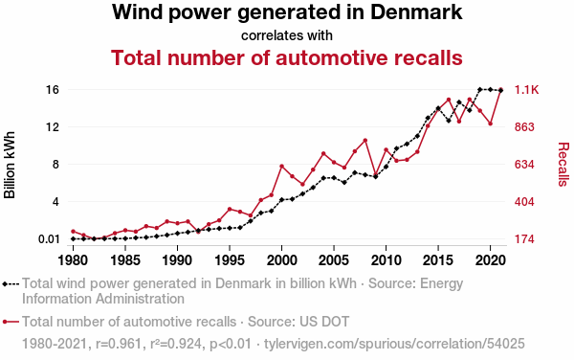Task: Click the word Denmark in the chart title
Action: coord(416,11)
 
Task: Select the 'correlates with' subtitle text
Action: coord(287,35)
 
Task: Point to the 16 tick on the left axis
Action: coord(53,89)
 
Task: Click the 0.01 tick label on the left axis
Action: coord(49,239)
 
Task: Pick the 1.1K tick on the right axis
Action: coord(527,90)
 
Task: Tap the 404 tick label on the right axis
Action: coord(524,202)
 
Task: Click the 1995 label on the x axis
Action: coord(230,260)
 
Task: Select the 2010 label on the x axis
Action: coord(386,260)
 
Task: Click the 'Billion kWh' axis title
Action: coord(10,165)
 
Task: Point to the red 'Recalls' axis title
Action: coord(563,164)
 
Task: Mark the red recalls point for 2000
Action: coord(281,167)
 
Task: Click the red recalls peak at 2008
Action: coord(365,140)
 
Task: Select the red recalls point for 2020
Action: coord(490,124)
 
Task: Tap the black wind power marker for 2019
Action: coord(479,90)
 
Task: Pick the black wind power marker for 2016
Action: coord(449,121)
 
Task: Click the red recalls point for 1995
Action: coord(230,209)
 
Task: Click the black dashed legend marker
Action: coord(11,283)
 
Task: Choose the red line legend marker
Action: coord(11,322)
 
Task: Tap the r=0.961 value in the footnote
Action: coord(118,344)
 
